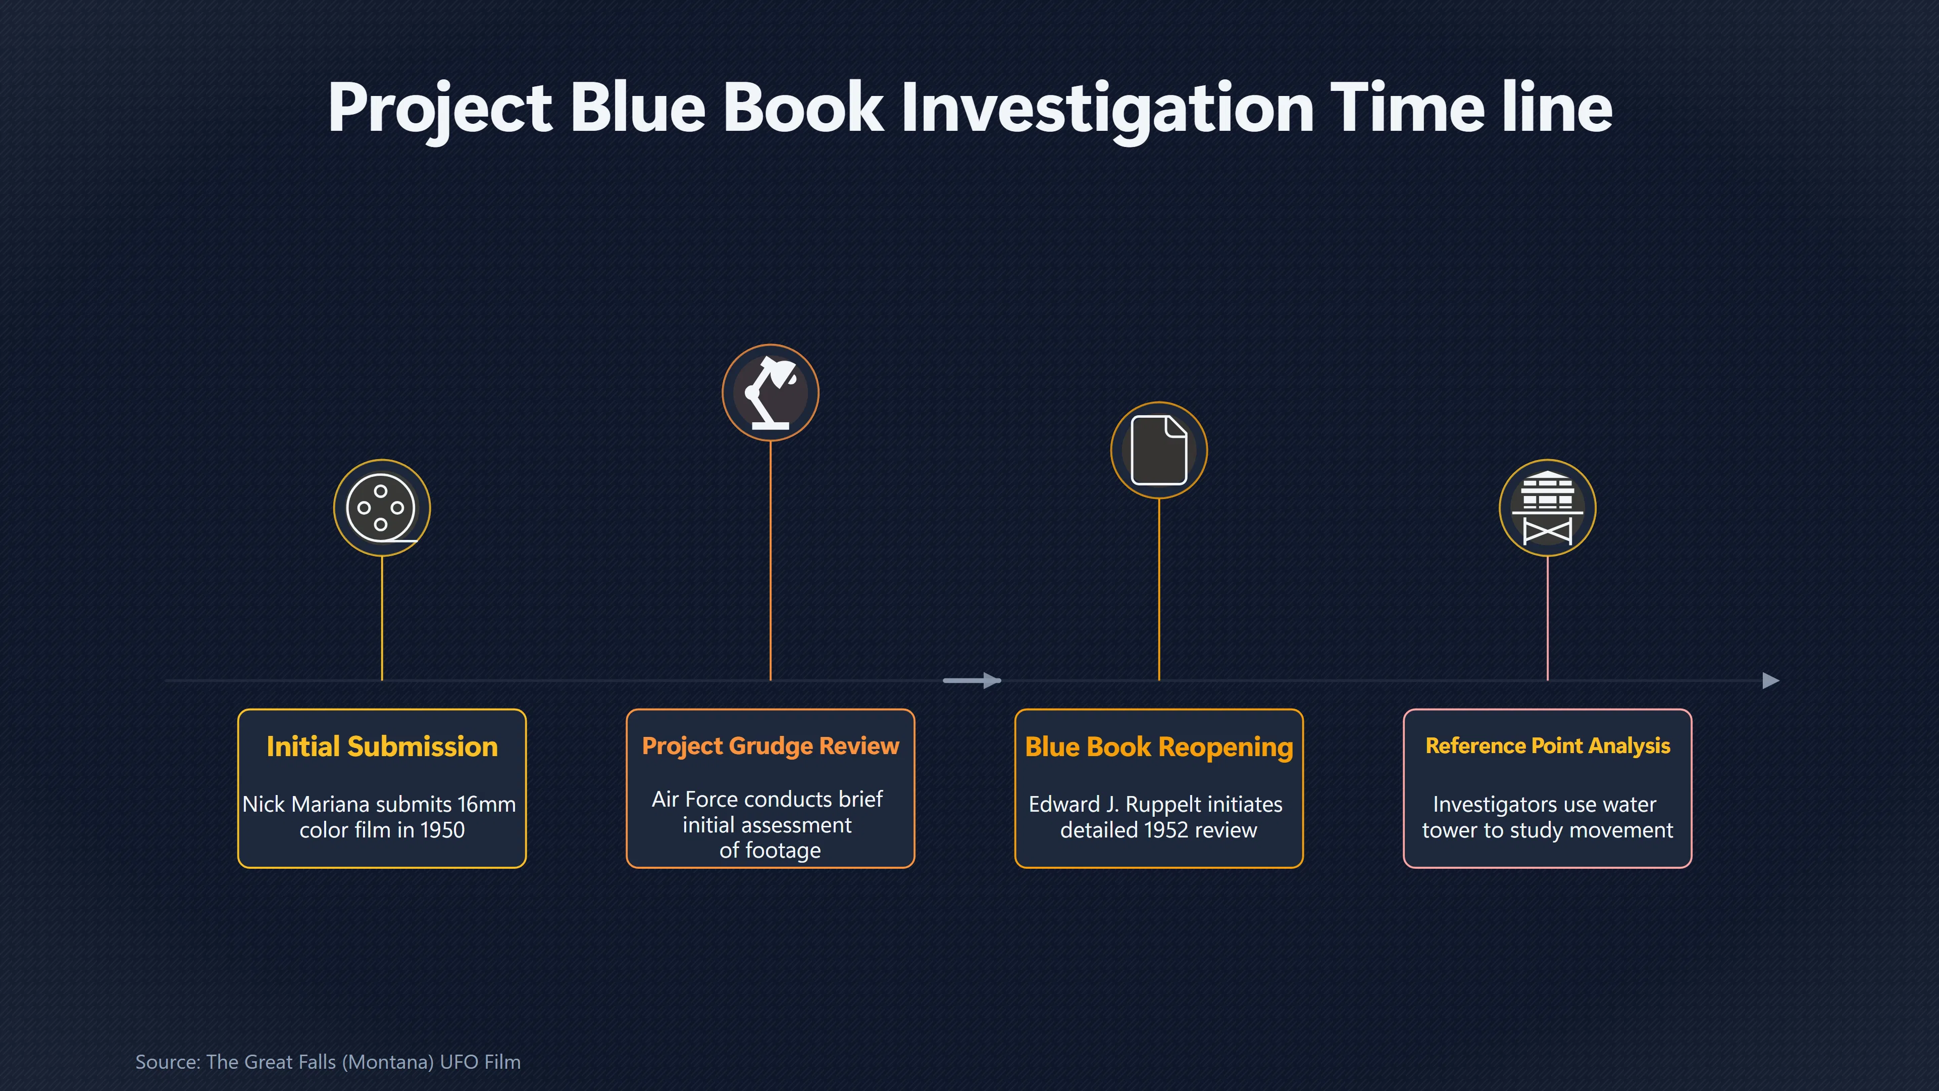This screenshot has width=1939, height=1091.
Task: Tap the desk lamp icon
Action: (770, 392)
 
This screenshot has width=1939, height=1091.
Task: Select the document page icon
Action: (1159, 450)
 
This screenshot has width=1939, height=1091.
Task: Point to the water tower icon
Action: (1548, 508)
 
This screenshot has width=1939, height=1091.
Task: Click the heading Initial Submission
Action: (382, 746)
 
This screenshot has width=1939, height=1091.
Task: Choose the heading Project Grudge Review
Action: (770, 746)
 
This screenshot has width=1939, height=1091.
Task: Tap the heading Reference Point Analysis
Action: (1548, 746)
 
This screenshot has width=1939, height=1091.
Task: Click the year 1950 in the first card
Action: (442, 830)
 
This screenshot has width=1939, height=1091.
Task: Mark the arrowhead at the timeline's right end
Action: (1771, 681)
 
